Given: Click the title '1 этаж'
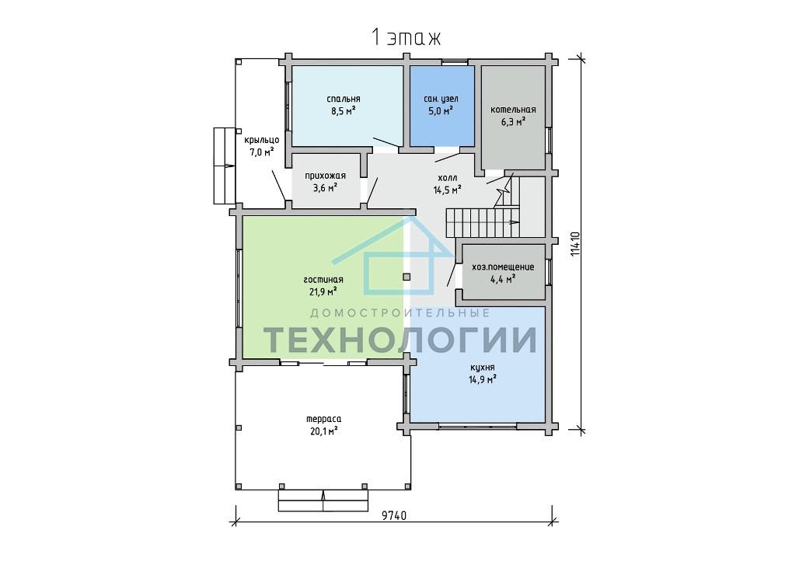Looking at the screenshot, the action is [x=406, y=38].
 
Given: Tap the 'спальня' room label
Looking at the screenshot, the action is [x=344, y=99].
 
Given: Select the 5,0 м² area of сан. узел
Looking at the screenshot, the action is [x=441, y=110].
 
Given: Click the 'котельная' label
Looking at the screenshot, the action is [x=513, y=110].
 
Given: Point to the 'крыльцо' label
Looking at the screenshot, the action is [x=261, y=140].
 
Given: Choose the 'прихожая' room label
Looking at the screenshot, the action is [x=325, y=176].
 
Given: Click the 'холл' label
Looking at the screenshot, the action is [x=448, y=178].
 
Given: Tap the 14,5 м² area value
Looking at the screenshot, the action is [x=448, y=190].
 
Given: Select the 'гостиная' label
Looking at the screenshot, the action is [x=323, y=280].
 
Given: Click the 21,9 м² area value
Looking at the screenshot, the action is [x=323, y=292].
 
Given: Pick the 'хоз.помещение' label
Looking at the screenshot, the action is [x=504, y=267].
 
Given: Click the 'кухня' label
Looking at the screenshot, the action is [x=482, y=368].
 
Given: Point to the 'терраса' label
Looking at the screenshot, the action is [x=324, y=419].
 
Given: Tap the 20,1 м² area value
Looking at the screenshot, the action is [x=324, y=431].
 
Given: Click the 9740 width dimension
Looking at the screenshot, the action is [x=394, y=515].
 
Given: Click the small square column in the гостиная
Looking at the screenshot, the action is [x=406, y=277].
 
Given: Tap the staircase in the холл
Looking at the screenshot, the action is [x=483, y=222].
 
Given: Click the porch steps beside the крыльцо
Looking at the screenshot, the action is [x=224, y=166].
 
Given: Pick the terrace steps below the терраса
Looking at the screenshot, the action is [x=323, y=500].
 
